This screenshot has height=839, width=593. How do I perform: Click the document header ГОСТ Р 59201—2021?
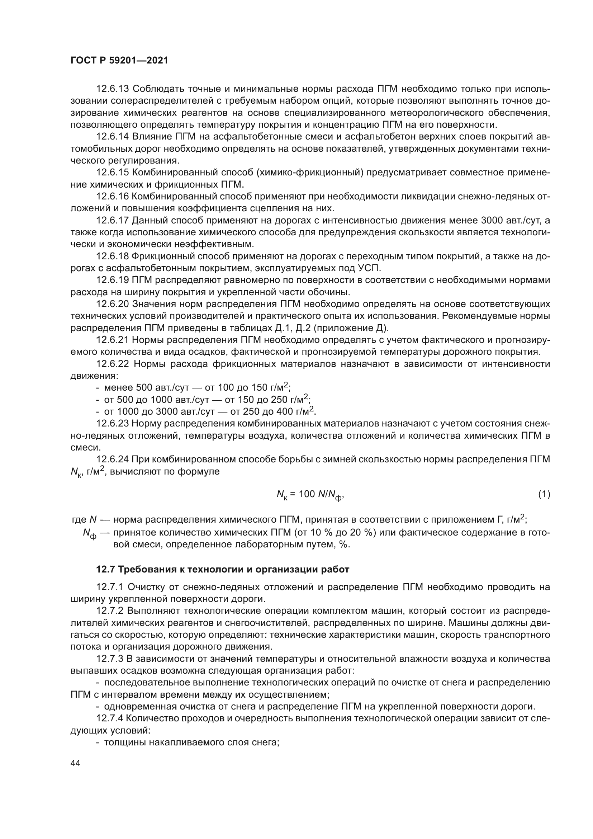119,61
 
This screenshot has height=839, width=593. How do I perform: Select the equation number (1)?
544,494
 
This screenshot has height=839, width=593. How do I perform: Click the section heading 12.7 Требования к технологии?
222,569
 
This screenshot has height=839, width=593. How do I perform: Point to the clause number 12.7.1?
110,587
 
